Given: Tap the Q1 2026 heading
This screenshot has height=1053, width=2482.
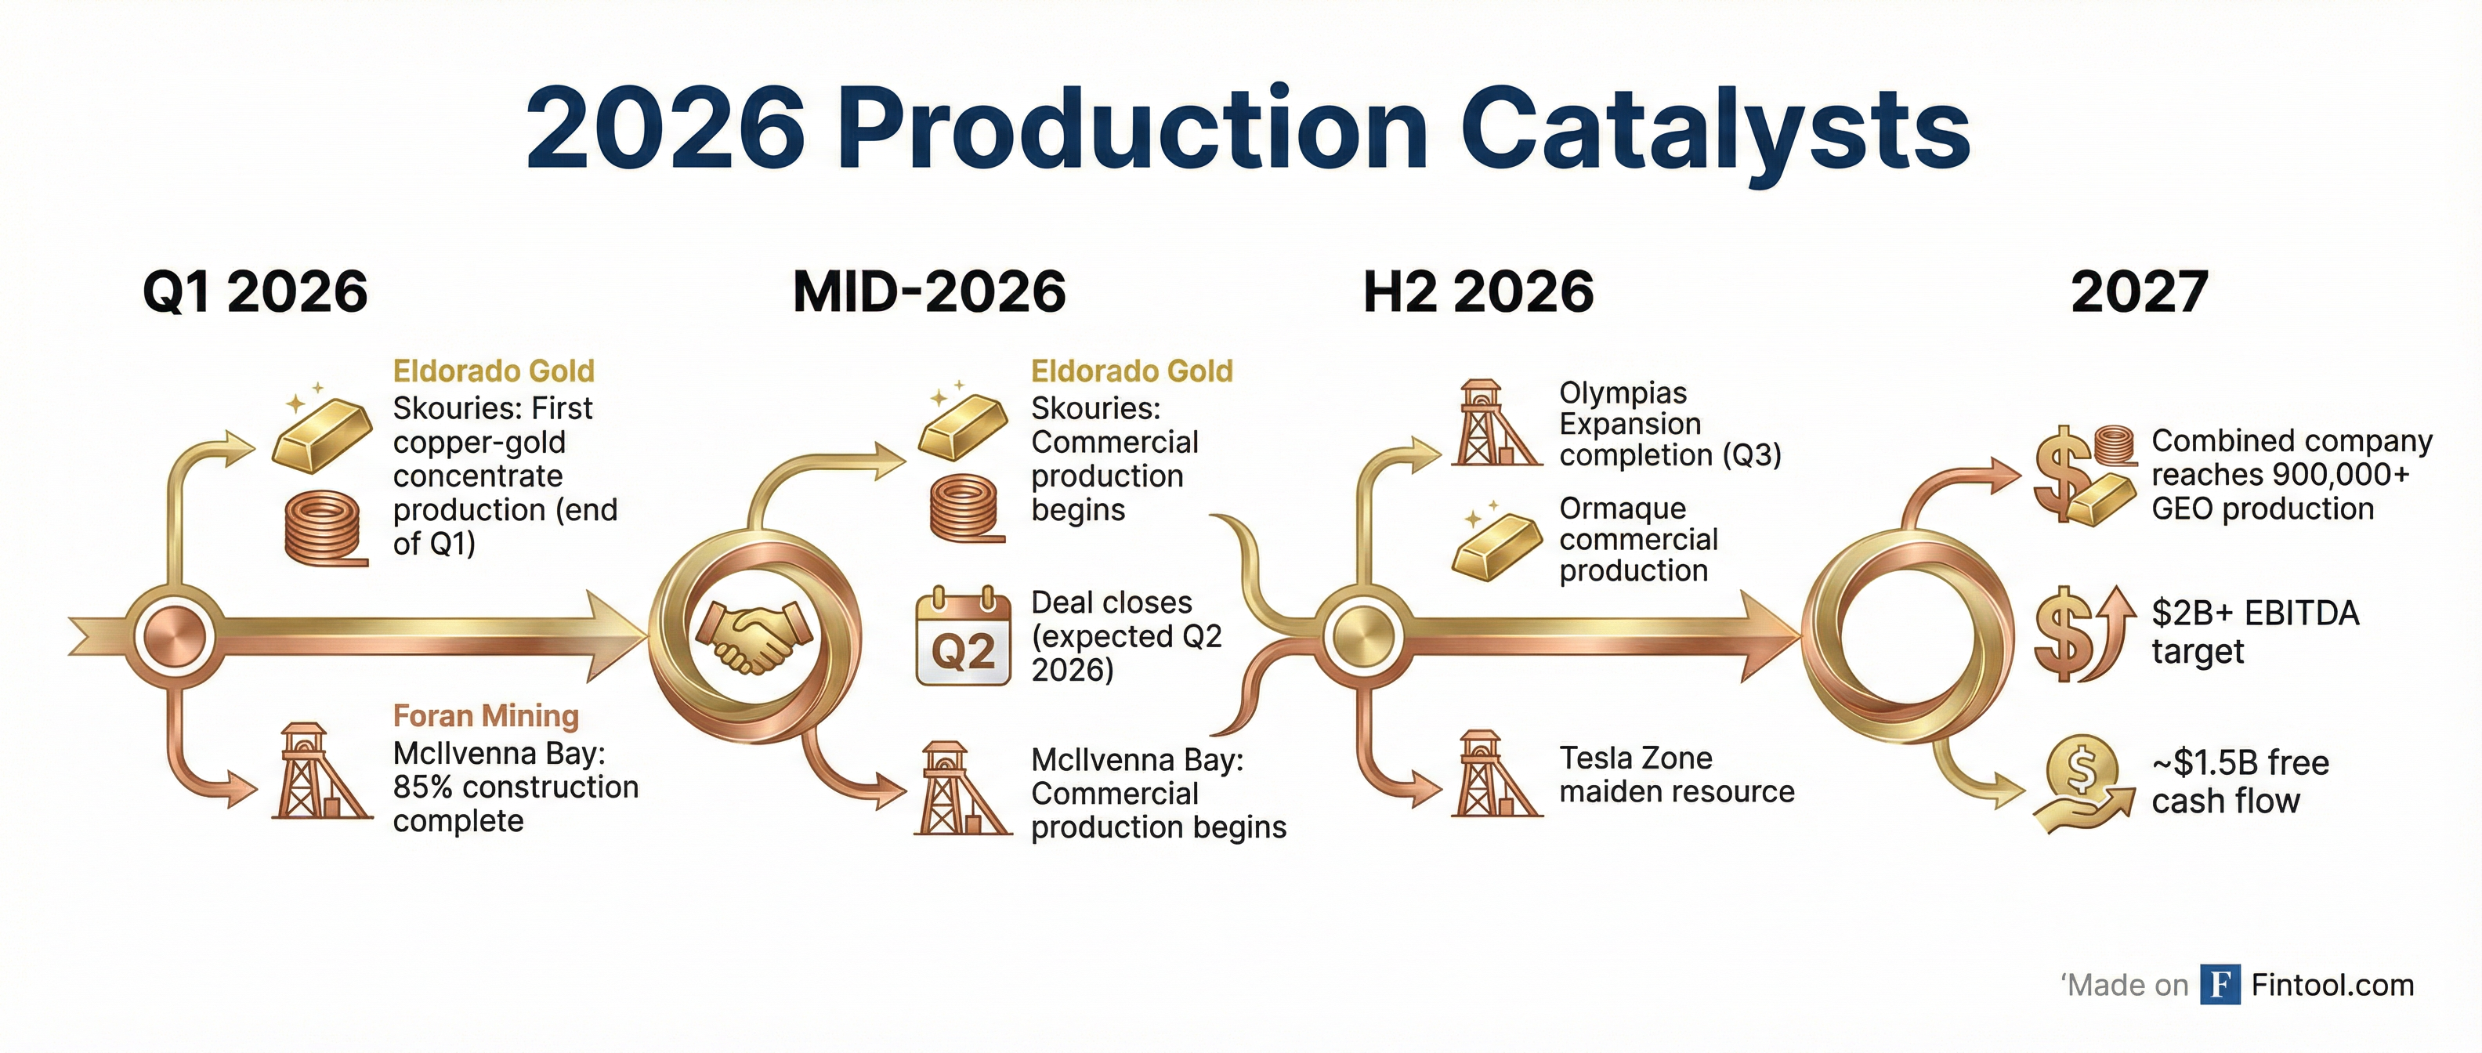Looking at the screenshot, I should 255,292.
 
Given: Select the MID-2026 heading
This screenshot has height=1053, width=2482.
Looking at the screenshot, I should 929,292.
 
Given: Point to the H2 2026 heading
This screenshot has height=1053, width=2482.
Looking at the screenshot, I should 1478,292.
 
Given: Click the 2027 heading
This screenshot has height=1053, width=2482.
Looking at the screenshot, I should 2139,292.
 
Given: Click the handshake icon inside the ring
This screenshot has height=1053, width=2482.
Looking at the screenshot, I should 754,636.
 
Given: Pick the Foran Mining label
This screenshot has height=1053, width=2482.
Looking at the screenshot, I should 486,716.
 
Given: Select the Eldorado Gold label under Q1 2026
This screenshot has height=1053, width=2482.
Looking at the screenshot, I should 494,371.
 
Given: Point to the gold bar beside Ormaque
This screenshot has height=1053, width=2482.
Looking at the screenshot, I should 1496,545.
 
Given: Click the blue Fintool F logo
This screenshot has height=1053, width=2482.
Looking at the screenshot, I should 2220,985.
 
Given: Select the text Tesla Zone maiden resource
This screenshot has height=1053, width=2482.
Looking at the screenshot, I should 1677,775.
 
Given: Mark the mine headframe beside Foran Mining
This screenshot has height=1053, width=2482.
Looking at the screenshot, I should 321,772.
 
